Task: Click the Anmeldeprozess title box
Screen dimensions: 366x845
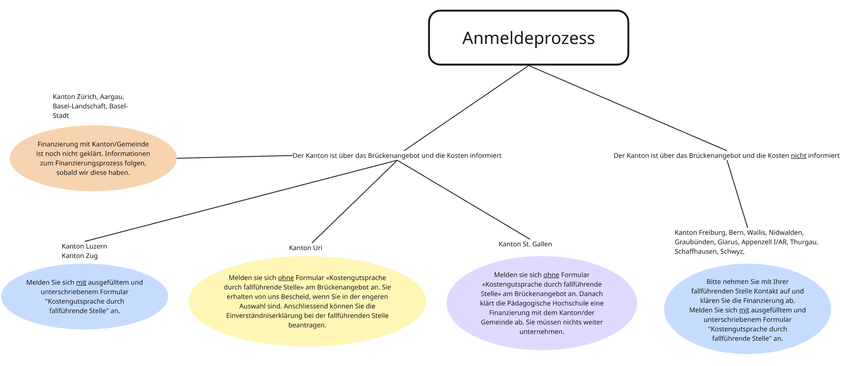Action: point(528,38)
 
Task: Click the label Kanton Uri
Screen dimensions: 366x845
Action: point(305,248)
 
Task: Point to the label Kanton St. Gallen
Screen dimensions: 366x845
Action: point(525,244)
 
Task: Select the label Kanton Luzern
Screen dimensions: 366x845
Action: point(84,246)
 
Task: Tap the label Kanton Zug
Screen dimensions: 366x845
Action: point(80,256)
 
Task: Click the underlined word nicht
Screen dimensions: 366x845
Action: point(798,156)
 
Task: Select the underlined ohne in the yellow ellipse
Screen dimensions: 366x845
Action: point(286,278)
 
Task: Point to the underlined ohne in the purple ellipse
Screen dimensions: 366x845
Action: point(551,275)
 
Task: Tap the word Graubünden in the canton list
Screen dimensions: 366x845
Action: point(695,242)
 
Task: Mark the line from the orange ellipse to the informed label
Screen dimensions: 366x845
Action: point(234,157)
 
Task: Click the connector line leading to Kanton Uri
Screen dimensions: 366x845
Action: point(354,201)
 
